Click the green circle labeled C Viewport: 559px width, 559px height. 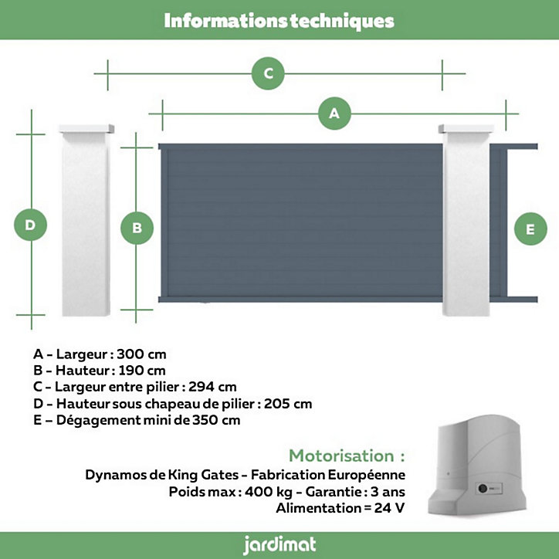click(x=268, y=73)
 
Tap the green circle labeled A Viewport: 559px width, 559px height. click(x=334, y=113)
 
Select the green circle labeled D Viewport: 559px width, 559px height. click(x=30, y=225)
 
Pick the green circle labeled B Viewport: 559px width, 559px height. click(x=137, y=229)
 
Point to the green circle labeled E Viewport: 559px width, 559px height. click(x=530, y=229)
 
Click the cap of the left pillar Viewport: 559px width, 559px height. click(x=86, y=128)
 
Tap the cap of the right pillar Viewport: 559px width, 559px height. click(x=466, y=128)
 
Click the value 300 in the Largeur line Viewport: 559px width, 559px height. click(x=130, y=354)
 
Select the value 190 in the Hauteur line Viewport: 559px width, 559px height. click(x=130, y=371)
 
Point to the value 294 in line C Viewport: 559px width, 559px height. click(x=201, y=387)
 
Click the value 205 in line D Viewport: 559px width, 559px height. click(x=276, y=404)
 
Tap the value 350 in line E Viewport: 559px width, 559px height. click(x=205, y=420)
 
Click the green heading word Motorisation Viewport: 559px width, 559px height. click(x=341, y=456)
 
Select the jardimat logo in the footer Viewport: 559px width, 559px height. click(x=279, y=545)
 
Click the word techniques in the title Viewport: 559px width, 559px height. click(x=342, y=21)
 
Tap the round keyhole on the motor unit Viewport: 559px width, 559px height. click(x=483, y=488)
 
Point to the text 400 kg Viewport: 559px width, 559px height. click(x=269, y=492)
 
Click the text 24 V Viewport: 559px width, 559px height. click(x=389, y=508)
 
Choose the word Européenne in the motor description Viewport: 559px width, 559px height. click(x=366, y=475)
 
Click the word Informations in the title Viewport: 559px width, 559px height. click(x=225, y=21)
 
